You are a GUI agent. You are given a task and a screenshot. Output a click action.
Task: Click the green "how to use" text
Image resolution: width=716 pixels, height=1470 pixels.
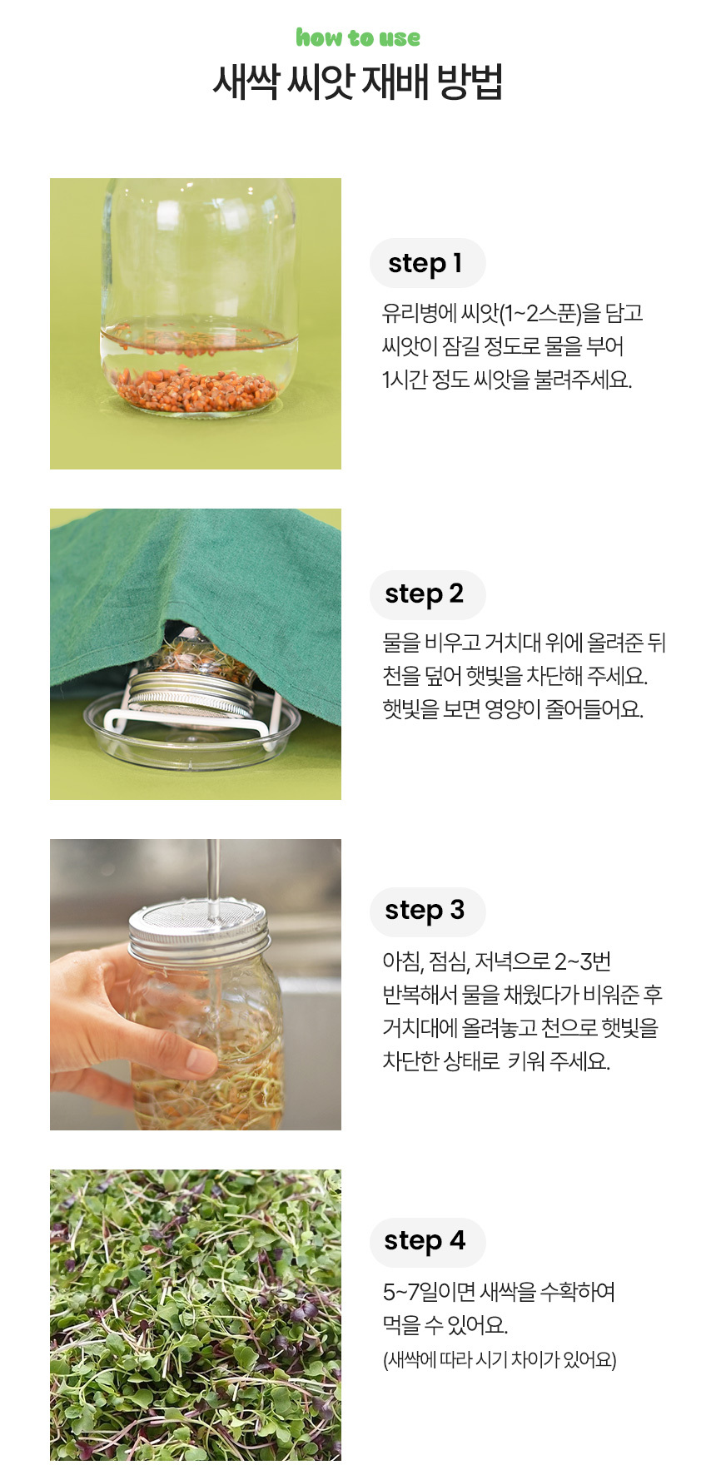pos(358,37)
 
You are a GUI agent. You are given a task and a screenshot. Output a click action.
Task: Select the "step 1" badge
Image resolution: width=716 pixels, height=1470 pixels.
pos(427,263)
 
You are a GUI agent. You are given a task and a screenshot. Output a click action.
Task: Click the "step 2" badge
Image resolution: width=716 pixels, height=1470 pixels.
pos(427,594)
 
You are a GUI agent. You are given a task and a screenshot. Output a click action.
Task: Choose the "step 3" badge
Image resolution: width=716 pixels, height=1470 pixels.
pos(427,911)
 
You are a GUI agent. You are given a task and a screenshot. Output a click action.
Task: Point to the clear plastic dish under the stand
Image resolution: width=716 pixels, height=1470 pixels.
pos(191,737)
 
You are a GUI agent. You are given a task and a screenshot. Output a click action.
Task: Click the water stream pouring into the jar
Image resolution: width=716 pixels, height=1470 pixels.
pos(214,870)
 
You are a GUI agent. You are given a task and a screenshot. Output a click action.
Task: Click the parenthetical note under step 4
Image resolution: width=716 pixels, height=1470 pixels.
pos(500,1359)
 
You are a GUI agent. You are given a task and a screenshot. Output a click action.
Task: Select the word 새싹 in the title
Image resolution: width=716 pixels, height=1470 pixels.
pos(245,82)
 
